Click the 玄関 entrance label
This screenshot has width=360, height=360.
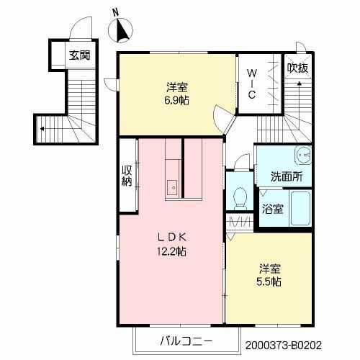[79, 55]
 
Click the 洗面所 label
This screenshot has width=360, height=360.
[286, 176]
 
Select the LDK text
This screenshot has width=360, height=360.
[172, 238]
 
